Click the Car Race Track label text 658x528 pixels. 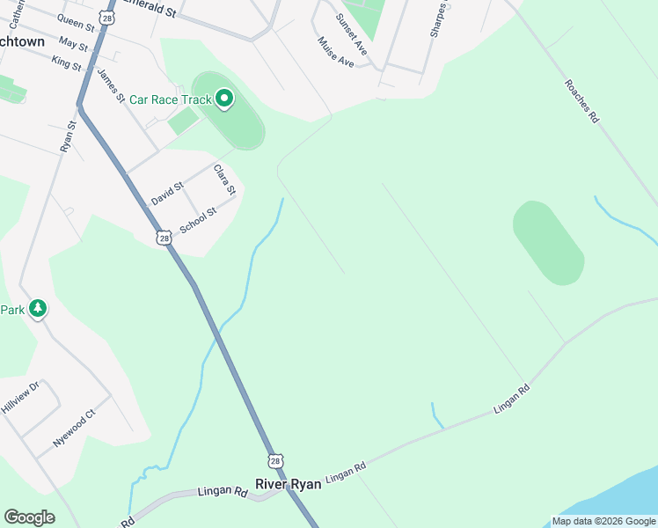171,99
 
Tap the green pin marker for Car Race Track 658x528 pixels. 223,99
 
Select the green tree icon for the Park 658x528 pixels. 37,309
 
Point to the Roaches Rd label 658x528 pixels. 581,101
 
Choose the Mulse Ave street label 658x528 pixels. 336,53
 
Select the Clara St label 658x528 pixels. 225,179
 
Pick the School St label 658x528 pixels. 198,221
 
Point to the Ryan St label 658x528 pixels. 69,136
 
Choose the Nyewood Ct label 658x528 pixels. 73,429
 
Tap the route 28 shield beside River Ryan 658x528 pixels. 275,460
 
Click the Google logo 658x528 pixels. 29,517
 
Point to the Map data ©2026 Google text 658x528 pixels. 603,521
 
